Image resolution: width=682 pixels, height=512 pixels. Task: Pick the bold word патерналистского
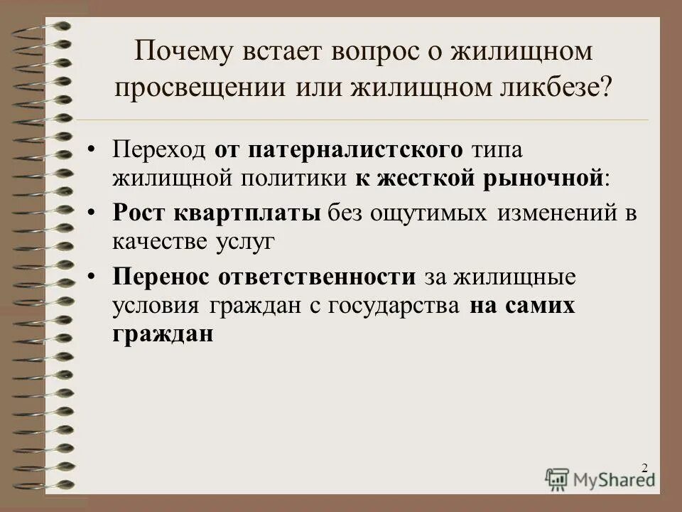click(x=347, y=149)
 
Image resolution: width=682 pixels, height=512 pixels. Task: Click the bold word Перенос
click(x=157, y=277)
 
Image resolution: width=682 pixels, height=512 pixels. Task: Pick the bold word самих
click(x=540, y=306)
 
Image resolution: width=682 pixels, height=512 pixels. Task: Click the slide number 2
click(x=644, y=467)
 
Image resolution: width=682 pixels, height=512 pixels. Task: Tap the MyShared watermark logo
click(x=600, y=479)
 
